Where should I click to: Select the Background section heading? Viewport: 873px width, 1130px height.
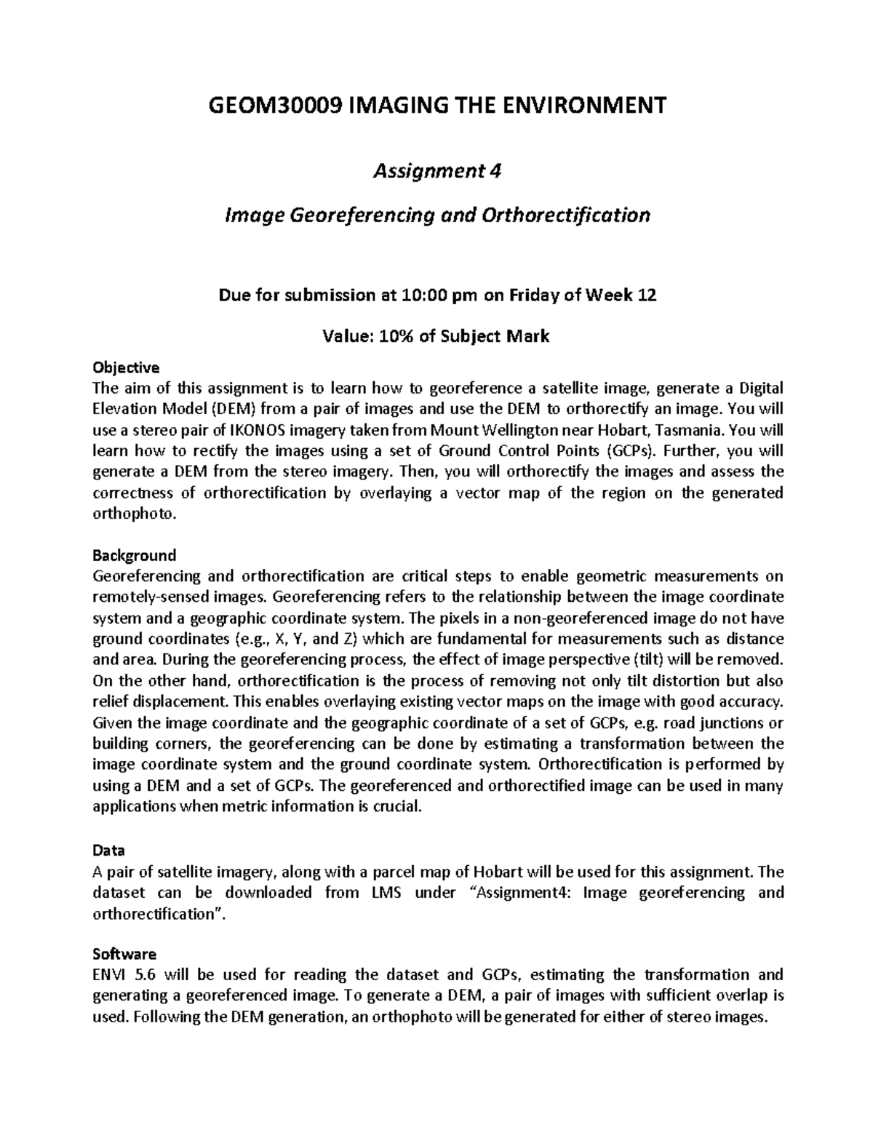[x=134, y=555]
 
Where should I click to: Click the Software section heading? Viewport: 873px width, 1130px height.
[x=124, y=953]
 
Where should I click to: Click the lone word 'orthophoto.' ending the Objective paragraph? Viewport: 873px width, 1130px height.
[x=135, y=514]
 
